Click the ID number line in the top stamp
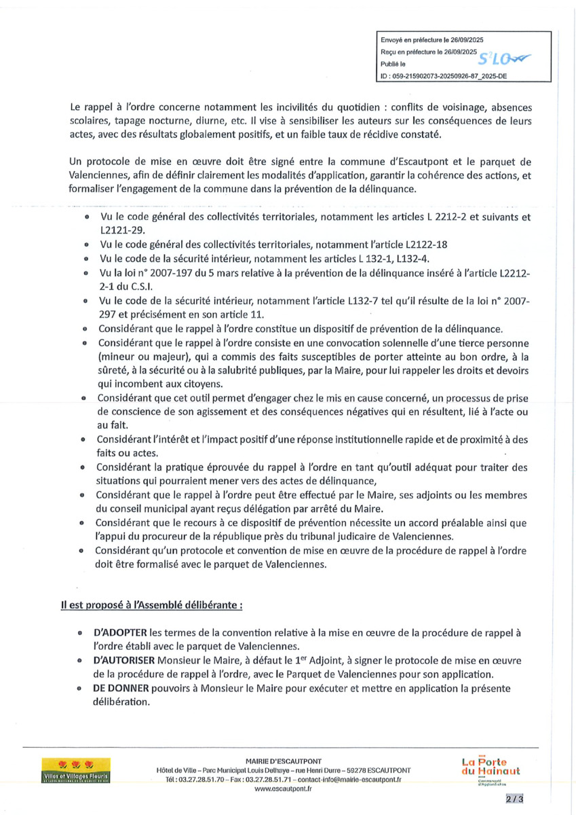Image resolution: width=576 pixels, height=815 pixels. [444, 77]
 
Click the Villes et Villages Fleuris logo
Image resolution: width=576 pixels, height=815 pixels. [76, 773]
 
